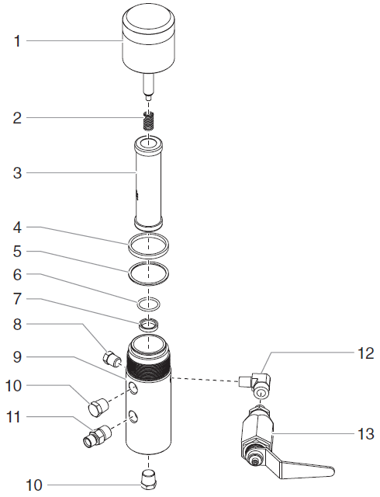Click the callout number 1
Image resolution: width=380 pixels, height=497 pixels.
pyautogui.click(x=17, y=41)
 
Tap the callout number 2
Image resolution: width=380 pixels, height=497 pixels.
pyautogui.click(x=17, y=118)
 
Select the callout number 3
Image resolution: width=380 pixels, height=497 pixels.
pyautogui.click(x=17, y=173)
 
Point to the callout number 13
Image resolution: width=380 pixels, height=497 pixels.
pyautogui.click(x=366, y=433)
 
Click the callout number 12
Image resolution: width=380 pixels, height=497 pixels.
pyautogui.click(x=366, y=353)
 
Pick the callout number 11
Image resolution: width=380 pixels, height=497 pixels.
pyautogui.click(x=13, y=417)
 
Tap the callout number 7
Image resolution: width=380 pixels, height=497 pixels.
pyautogui.click(x=17, y=299)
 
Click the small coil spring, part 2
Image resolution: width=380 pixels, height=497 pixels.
pyautogui.click(x=148, y=120)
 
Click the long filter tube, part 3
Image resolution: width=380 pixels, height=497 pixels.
pyautogui.click(x=149, y=182)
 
